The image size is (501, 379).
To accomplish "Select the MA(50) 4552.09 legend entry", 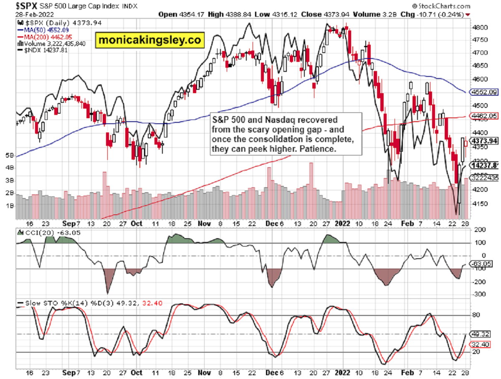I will tap(43, 30).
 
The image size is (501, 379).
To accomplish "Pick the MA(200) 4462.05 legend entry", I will tap(45, 37).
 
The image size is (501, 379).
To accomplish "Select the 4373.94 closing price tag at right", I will tap(484, 141).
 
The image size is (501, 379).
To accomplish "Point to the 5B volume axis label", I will tap(9, 155).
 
